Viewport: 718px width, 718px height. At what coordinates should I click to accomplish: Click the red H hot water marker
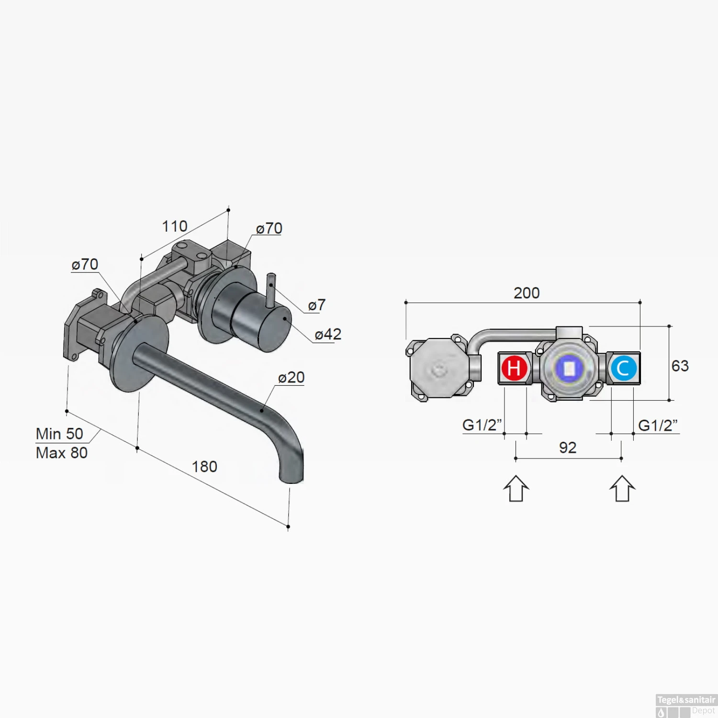[514, 368]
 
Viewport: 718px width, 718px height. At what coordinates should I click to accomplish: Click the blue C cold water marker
[623, 368]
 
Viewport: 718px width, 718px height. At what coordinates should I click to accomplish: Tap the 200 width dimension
[527, 293]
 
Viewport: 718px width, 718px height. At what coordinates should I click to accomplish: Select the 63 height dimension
[680, 366]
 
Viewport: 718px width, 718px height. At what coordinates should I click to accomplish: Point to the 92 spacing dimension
[568, 448]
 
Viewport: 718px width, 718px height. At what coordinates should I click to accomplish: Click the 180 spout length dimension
[204, 467]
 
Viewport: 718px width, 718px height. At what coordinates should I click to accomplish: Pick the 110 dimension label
[175, 226]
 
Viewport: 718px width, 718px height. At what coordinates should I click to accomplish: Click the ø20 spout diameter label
[291, 377]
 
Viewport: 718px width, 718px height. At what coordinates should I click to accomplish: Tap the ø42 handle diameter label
[328, 334]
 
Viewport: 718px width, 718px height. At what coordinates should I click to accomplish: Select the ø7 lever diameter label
[316, 305]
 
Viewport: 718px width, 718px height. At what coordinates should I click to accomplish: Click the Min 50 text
[60, 434]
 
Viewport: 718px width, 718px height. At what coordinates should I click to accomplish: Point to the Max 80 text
[62, 453]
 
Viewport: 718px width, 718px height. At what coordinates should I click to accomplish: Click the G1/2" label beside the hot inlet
[482, 425]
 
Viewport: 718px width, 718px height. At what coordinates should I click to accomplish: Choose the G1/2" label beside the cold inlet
[658, 425]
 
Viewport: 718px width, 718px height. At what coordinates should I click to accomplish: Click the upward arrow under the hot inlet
[516, 489]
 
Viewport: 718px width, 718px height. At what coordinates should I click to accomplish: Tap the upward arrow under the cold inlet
[622, 489]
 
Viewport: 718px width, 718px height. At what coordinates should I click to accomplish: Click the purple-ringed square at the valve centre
[569, 369]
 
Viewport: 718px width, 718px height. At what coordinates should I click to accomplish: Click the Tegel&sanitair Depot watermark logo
[686, 706]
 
